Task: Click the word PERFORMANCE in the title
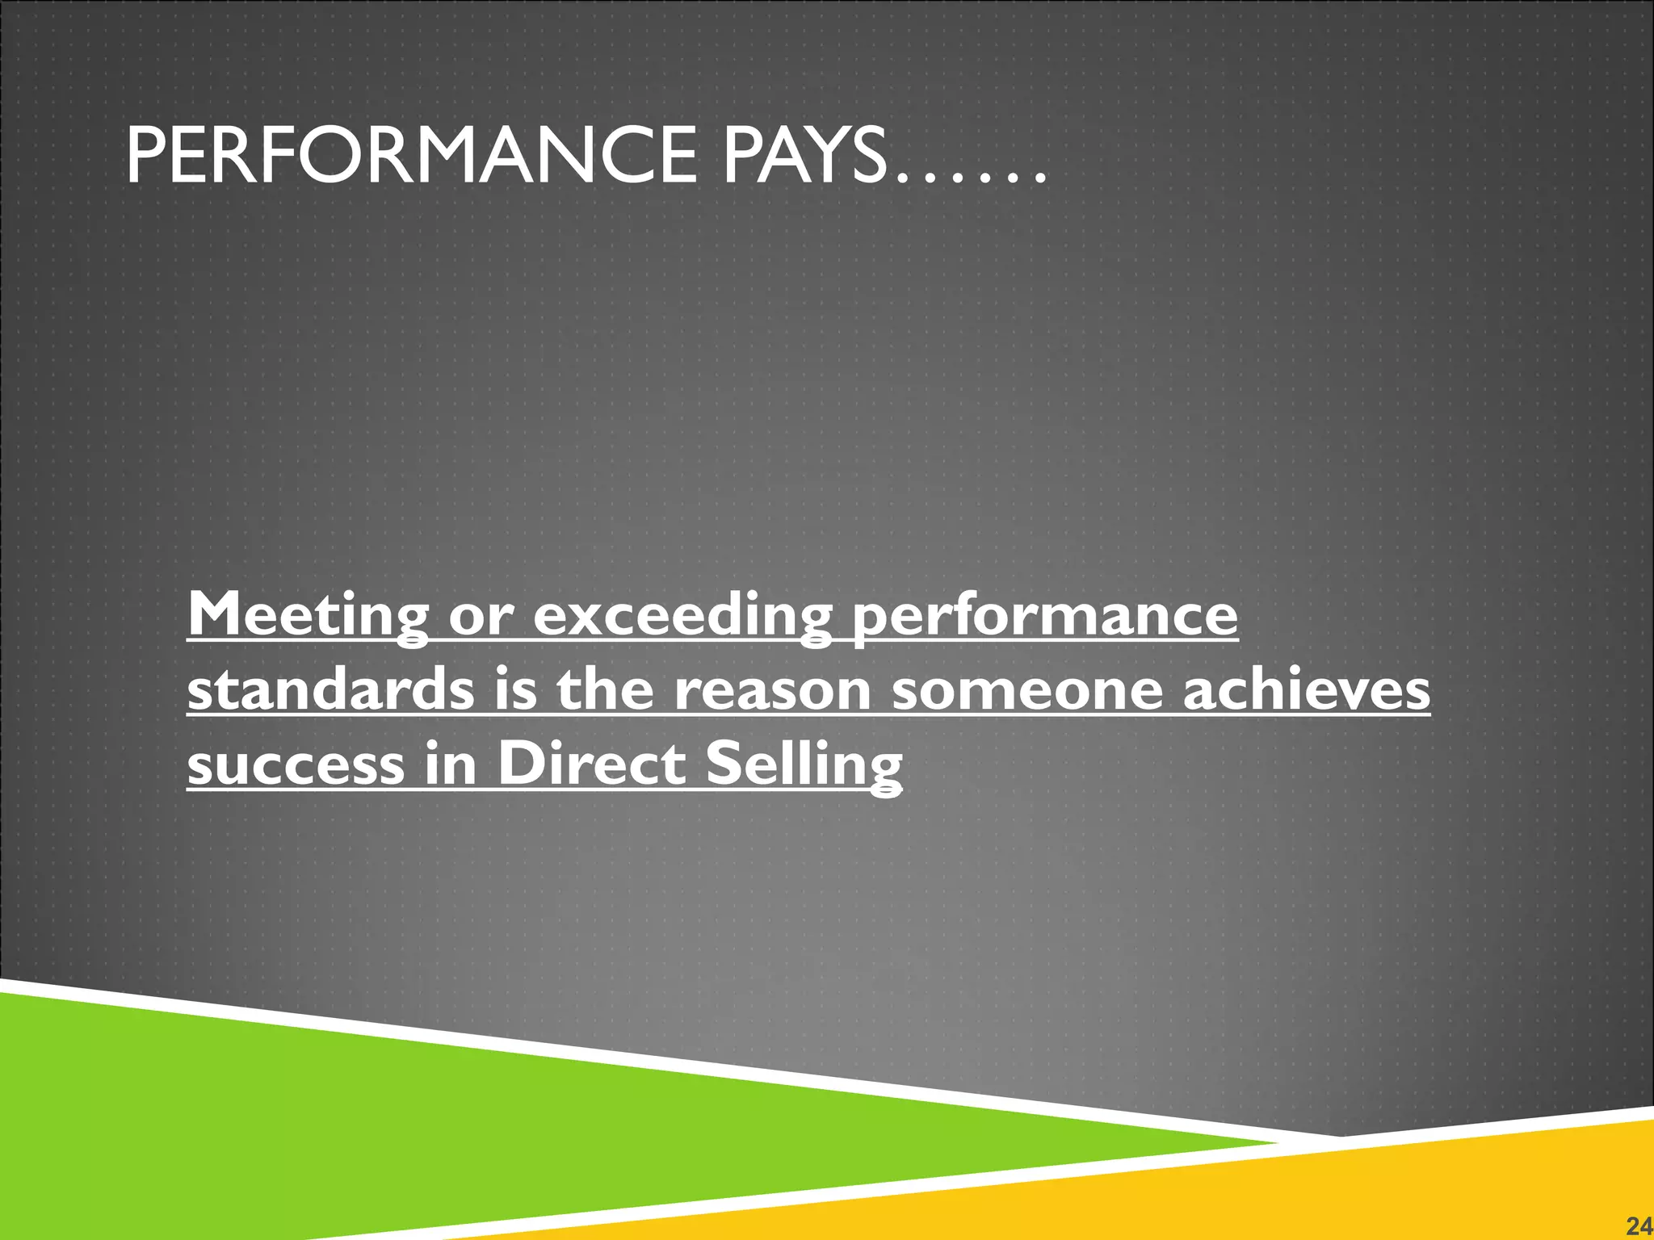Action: coord(411,157)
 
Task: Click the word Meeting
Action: coord(308,616)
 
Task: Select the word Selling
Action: coord(804,765)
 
